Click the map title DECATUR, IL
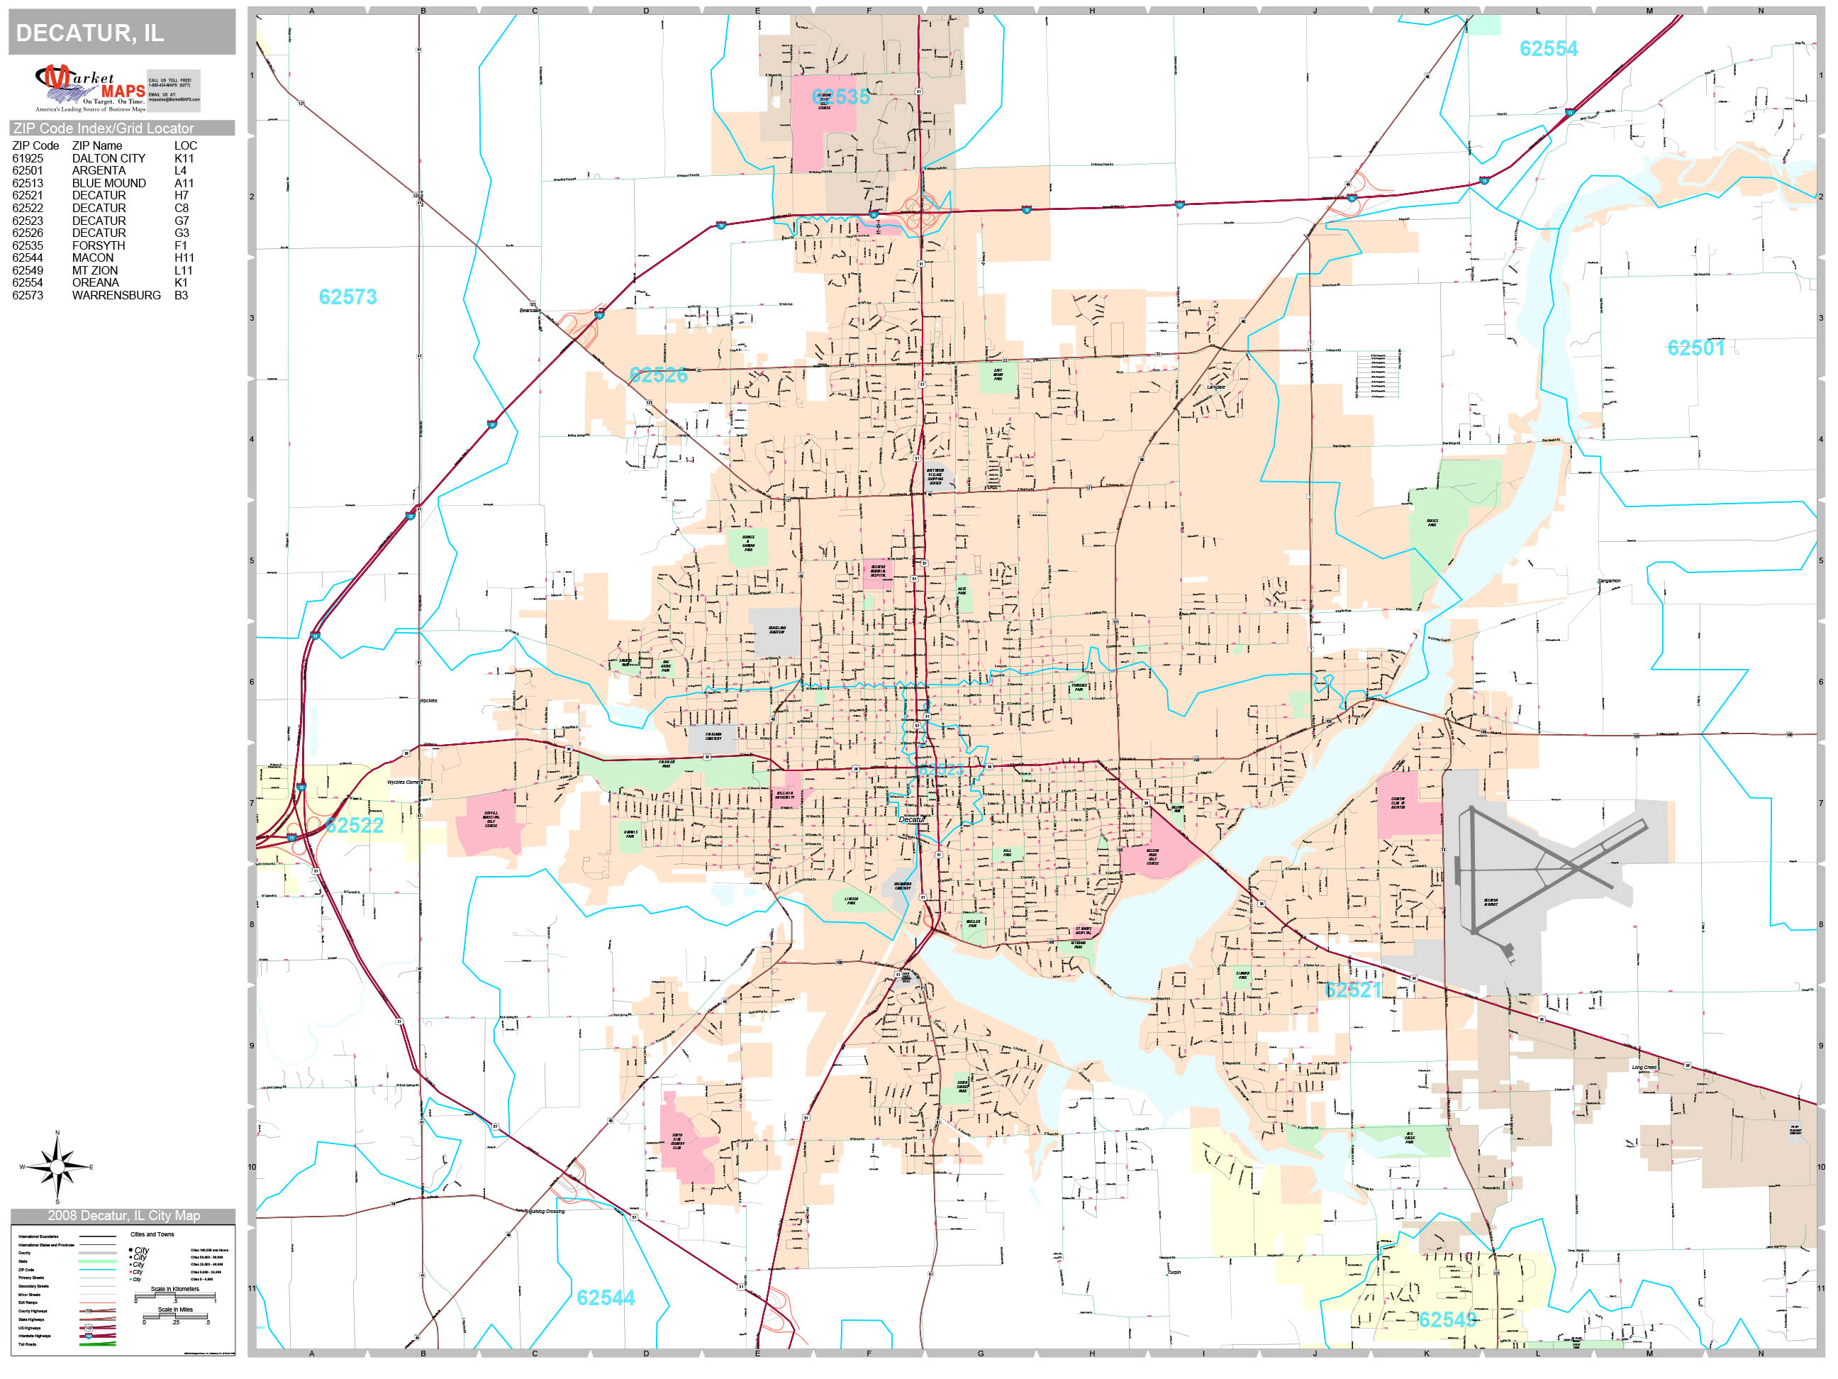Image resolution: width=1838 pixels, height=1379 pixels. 90,33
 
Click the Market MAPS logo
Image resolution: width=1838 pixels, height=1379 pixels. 91,88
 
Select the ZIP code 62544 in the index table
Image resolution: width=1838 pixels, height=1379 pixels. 28,257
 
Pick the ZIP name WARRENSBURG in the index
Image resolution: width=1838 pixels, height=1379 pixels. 116,295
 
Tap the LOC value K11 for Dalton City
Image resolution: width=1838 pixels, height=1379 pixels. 184,158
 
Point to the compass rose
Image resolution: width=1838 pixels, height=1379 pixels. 57,1167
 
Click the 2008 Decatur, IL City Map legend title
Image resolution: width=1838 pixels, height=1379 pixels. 123,1215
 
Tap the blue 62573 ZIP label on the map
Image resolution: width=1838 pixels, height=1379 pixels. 347,297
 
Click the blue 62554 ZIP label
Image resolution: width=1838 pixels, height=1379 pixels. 1548,49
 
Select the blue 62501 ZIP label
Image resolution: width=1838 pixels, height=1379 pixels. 1695,348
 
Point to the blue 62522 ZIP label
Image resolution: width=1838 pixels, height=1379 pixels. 355,826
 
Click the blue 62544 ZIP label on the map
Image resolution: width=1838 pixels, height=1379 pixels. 605,1297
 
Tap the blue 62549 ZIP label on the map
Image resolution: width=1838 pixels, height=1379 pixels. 1447,1320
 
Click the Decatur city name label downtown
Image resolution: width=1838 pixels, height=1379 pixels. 911,819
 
